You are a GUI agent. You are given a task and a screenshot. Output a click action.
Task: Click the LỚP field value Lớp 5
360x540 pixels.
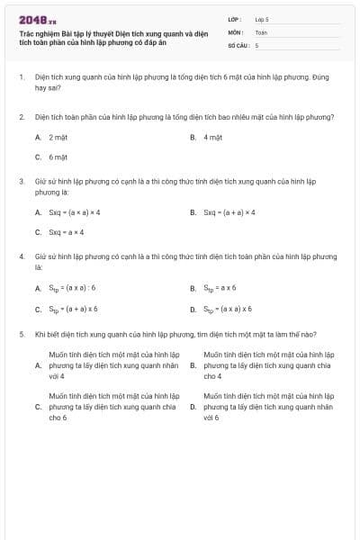(262, 18)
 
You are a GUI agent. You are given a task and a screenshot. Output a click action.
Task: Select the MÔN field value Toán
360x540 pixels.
(261, 31)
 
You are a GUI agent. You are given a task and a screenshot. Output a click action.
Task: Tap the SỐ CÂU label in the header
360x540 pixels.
(238, 44)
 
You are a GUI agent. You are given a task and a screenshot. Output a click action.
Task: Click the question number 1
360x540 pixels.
(21, 78)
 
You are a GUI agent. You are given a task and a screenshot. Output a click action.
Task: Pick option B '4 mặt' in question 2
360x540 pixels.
(212, 137)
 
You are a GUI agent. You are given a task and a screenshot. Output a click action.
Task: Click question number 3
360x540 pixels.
(21, 181)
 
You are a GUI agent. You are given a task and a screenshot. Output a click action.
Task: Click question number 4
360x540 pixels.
(21, 256)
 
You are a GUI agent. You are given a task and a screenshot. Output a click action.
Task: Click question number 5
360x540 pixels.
(21, 334)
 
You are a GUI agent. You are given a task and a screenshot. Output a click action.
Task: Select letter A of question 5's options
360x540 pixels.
(38, 366)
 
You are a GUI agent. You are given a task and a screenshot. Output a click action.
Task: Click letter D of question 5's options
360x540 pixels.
(193, 407)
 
